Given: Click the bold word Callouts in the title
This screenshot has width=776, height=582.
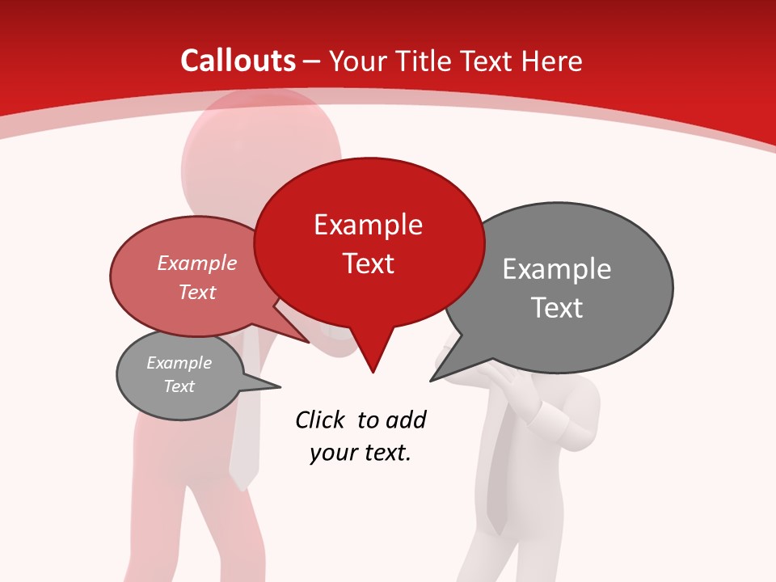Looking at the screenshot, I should (238, 61).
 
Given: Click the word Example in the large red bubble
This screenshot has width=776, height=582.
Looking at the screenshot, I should (368, 225).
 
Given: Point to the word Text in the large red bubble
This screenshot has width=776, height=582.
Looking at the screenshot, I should (368, 264).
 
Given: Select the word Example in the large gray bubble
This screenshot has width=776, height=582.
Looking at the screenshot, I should (557, 269).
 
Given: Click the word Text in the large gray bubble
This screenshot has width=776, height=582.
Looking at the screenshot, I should (557, 308).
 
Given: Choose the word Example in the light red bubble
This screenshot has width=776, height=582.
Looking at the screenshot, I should (197, 263).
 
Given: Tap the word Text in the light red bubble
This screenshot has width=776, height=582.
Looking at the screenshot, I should (197, 292).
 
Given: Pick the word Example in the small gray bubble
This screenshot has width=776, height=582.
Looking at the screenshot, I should (179, 363).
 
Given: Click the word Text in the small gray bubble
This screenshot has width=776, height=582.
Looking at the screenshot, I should (179, 386).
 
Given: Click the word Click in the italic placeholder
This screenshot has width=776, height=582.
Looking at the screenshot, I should (322, 420).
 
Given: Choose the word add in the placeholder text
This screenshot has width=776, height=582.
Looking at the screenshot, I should (406, 420).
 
